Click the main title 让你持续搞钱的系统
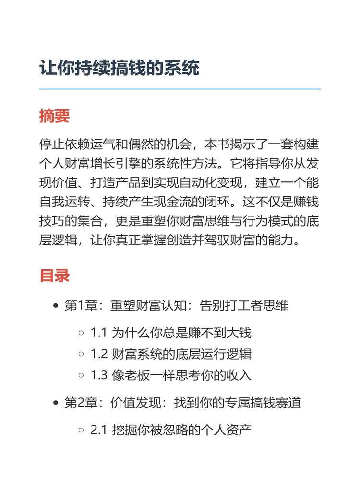[x=119, y=69]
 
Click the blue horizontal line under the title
[x=180, y=89]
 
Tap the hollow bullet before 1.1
[x=82, y=332]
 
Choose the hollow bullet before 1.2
[x=82, y=354]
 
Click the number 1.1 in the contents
[x=98, y=332]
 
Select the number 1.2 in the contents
[x=98, y=354]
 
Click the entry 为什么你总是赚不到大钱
[x=181, y=332]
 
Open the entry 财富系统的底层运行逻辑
[x=181, y=354]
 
